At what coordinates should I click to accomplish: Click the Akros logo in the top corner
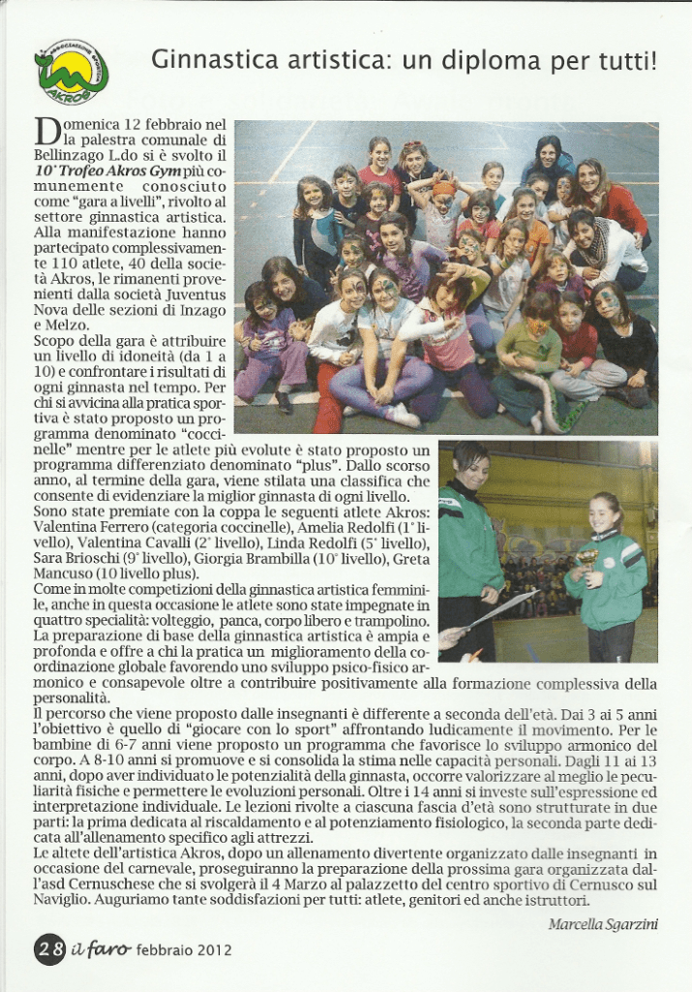pos(71,69)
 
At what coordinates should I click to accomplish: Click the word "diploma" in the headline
pos(493,61)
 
